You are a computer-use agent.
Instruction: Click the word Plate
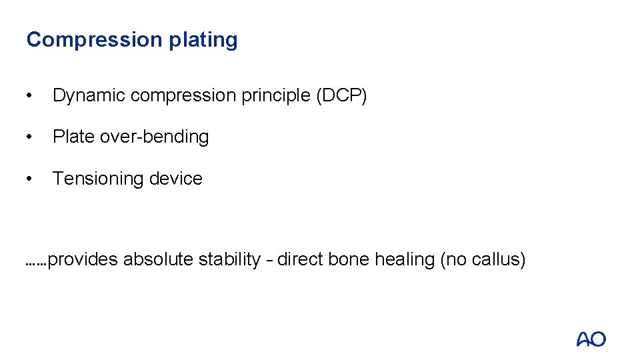73,137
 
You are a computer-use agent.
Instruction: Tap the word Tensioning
99,179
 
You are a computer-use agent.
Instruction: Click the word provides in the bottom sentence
83,260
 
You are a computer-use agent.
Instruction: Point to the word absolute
159,259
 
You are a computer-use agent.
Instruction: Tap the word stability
229,260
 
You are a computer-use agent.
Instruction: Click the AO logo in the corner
591,339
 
